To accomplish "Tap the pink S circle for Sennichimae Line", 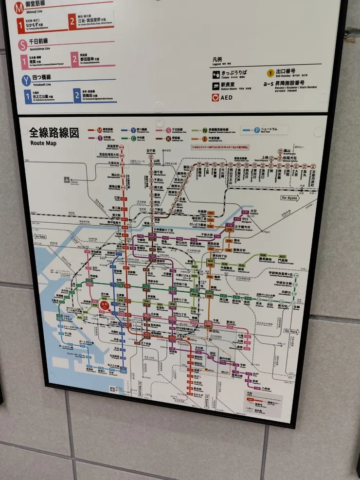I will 23,45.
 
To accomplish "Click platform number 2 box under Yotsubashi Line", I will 77,95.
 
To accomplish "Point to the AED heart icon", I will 216,97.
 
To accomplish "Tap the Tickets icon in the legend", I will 216,75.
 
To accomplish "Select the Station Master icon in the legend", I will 216,86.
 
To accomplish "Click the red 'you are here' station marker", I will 104,306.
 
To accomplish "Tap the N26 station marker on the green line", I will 263,255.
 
